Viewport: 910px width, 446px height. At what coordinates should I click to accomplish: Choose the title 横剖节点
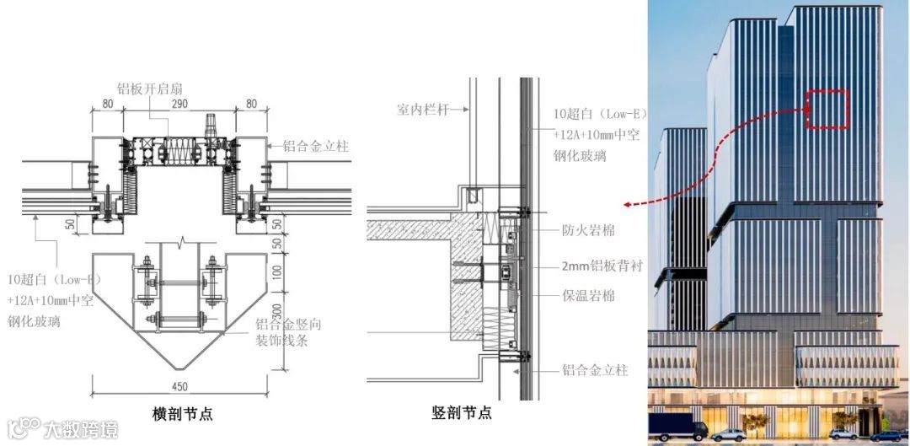[x=182, y=413]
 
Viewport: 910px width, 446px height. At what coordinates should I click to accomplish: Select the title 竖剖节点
[x=461, y=413]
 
